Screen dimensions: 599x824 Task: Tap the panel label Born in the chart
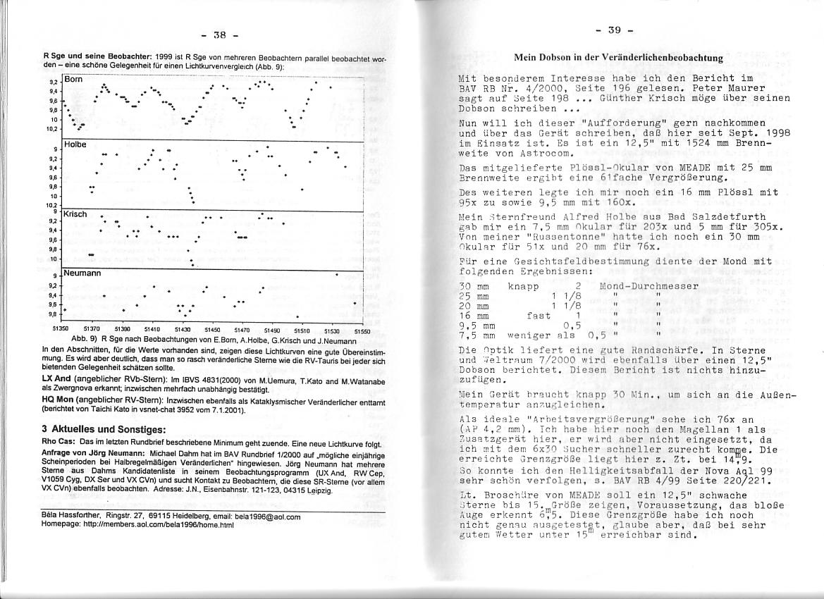click(x=74, y=80)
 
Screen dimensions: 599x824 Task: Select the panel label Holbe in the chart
click(x=75, y=144)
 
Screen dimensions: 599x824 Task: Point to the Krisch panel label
click(x=75, y=213)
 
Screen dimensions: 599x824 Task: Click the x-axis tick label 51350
click(x=62, y=329)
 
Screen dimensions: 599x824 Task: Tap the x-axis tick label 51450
click(x=212, y=329)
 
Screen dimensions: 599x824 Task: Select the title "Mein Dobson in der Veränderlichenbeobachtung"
click(x=618, y=57)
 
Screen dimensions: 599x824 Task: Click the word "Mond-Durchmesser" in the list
click(x=648, y=286)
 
